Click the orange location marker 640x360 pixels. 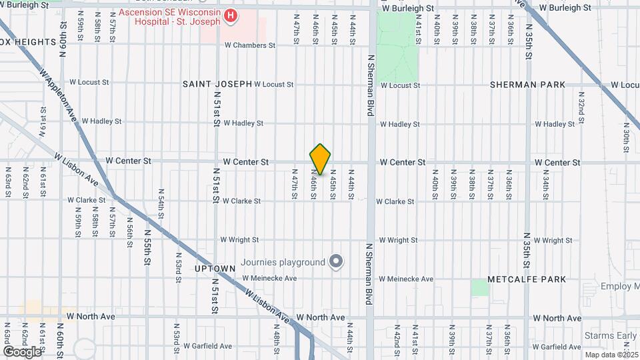pyautogui.click(x=320, y=159)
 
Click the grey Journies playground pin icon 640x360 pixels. pyautogui.click(x=336, y=261)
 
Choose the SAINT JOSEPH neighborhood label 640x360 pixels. pyautogui.click(x=217, y=84)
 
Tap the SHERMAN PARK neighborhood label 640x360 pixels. pyautogui.click(x=527, y=85)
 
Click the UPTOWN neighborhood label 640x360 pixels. pyautogui.click(x=215, y=268)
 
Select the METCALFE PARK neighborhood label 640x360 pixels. pyautogui.click(x=527, y=279)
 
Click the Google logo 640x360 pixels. pyautogui.click(x=22, y=351)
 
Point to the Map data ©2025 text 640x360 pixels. pyautogui.click(x=611, y=354)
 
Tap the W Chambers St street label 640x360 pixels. pyautogui.click(x=249, y=45)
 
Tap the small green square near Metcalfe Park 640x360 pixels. pyautogui.click(x=479, y=287)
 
